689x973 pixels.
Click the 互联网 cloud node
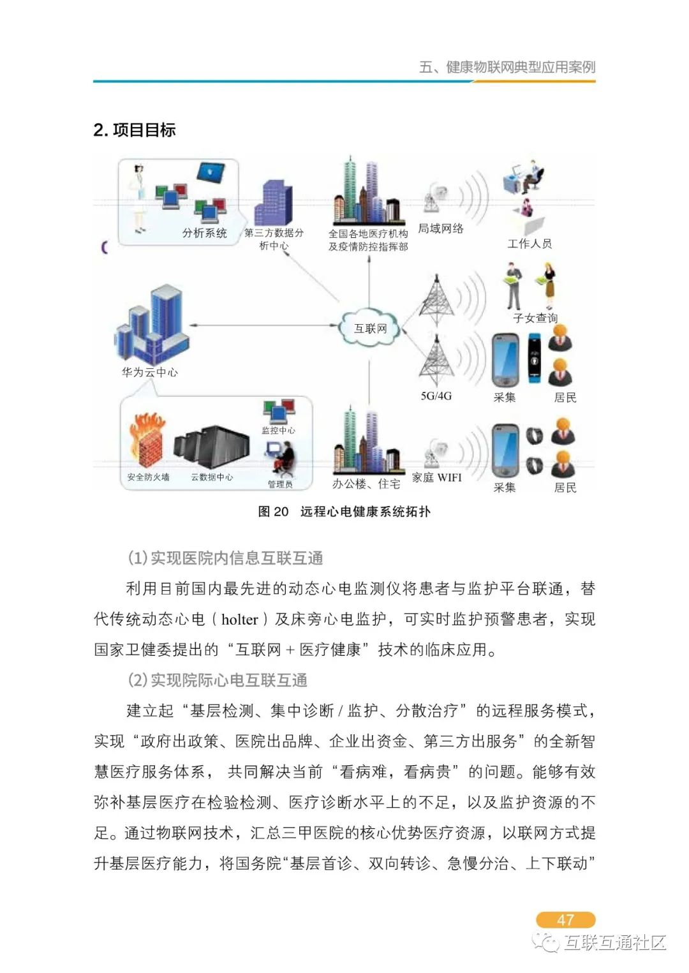[x=370, y=328]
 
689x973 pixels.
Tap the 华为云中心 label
[x=150, y=372]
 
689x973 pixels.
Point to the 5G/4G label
[x=436, y=396]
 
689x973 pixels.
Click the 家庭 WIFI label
[x=436, y=477]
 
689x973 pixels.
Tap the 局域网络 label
[x=441, y=228]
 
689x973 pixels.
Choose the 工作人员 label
[x=530, y=243]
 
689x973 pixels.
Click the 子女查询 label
[x=535, y=318]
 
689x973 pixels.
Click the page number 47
[x=565, y=919]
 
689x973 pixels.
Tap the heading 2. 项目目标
[x=135, y=130]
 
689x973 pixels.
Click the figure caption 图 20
[x=273, y=512]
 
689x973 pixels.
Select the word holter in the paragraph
[x=240, y=619]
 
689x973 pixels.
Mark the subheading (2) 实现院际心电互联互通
[x=218, y=680]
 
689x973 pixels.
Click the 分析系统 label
[x=204, y=233]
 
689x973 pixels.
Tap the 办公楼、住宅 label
[x=366, y=484]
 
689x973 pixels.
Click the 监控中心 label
[x=278, y=431]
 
